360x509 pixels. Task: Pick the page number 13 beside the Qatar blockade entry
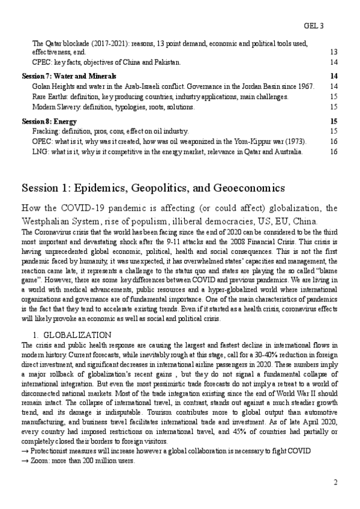[334, 52]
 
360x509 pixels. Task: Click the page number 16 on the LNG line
[334, 151]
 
